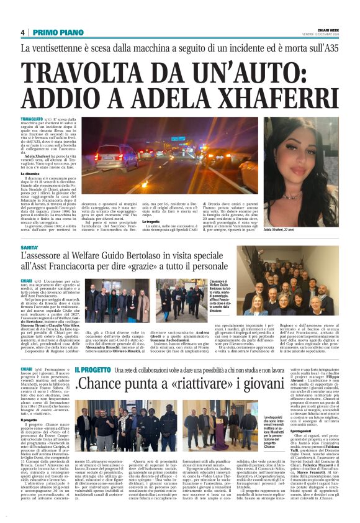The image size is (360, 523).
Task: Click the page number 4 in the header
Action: tap(22, 32)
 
